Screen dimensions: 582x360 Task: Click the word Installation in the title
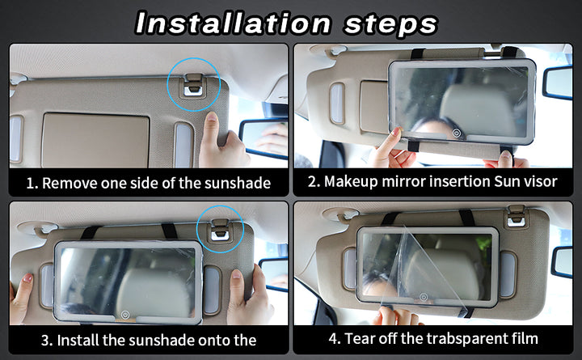click(x=233, y=23)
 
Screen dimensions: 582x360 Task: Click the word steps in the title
click(x=391, y=24)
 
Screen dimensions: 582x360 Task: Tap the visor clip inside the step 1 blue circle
click(x=193, y=86)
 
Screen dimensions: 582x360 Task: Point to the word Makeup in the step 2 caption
click(x=351, y=182)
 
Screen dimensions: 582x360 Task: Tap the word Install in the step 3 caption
click(x=78, y=341)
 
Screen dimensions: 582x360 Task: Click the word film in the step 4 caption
click(x=527, y=338)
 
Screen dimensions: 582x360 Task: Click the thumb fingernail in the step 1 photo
click(x=212, y=117)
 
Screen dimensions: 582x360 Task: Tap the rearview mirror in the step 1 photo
click(x=264, y=138)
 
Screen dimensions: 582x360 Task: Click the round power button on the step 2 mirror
click(x=457, y=133)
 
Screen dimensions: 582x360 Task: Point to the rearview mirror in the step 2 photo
click(x=558, y=82)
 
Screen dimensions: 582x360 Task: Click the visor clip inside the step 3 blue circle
click(x=220, y=230)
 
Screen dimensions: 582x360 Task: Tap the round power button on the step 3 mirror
click(x=125, y=315)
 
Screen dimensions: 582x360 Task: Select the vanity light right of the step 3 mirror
click(x=212, y=290)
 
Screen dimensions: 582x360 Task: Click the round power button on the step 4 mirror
click(x=424, y=297)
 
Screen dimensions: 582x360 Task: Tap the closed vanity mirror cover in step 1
click(x=95, y=140)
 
